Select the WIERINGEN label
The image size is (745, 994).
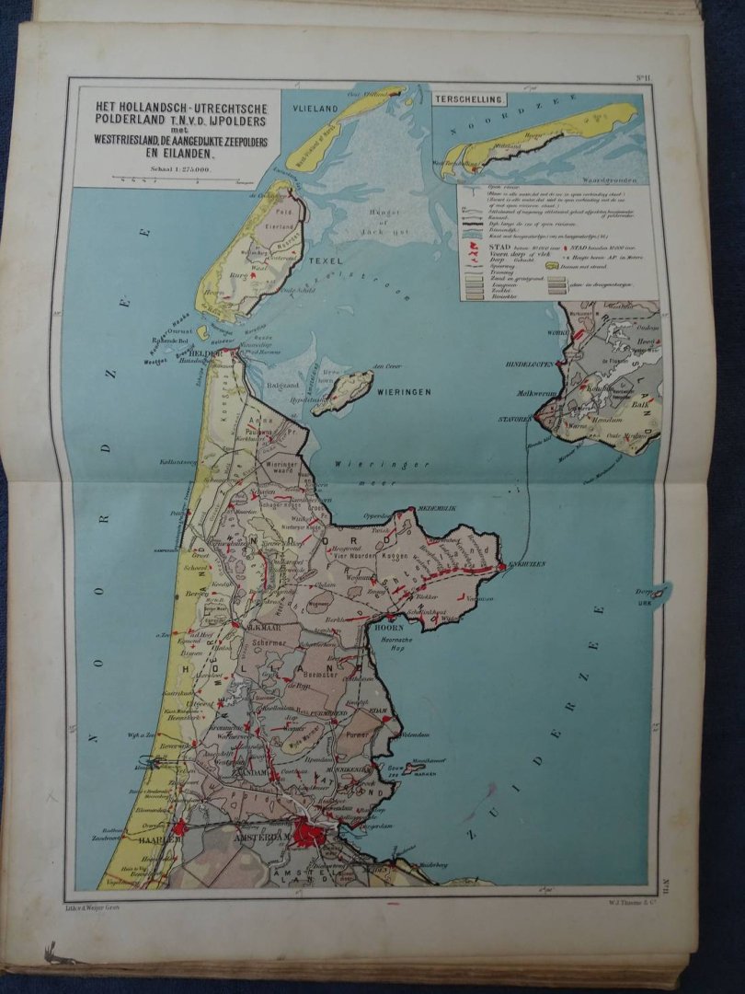pyautogui.click(x=403, y=391)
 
